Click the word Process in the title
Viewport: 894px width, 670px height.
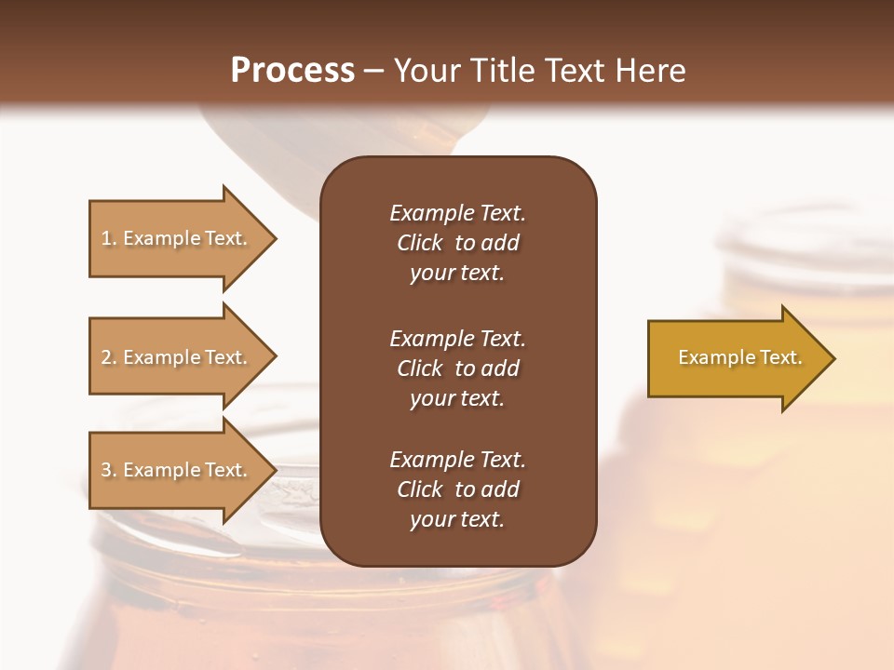(x=292, y=71)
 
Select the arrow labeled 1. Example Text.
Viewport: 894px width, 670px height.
(x=177, y=239)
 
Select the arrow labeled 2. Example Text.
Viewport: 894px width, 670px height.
(x=177, y=357)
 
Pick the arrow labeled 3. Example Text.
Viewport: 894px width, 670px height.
(x=177, y=470)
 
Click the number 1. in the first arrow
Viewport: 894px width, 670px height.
(x=109, y=239)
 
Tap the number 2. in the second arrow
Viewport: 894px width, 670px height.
(x=109, y=357)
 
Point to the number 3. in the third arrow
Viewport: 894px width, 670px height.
(x=109, y=470)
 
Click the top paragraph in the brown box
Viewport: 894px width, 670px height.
(x=457, y=243)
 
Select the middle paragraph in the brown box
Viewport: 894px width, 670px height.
(x=457, y=368)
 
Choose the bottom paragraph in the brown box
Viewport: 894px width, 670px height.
(x=457, y=489)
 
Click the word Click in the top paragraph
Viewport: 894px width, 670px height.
(x=419, y=243)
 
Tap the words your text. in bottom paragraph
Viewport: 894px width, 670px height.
(x=457, y=519)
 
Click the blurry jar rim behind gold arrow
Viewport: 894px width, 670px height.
(x=792, y=233)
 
